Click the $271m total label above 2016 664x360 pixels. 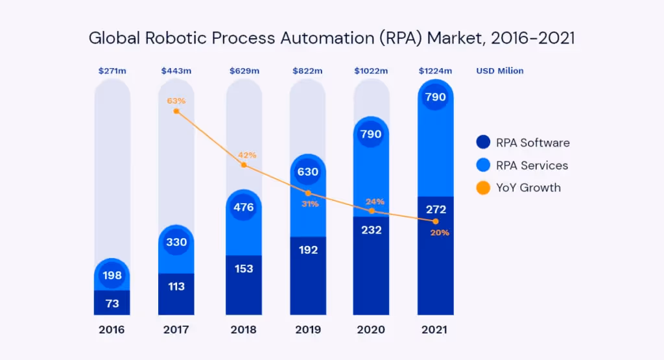112,71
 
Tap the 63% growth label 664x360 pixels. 176,101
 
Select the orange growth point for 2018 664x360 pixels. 244,165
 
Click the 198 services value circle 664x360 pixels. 112,276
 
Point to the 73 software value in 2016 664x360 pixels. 112,302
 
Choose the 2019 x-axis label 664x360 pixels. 307,330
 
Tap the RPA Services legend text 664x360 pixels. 532,165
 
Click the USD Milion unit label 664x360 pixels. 500,71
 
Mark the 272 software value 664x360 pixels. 435,210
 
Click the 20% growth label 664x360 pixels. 440,233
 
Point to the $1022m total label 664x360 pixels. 371,71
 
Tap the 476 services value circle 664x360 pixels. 244,208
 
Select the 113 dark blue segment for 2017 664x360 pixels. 176,287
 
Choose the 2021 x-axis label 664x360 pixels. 435,330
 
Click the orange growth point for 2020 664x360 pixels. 372,211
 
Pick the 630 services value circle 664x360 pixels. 307,173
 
